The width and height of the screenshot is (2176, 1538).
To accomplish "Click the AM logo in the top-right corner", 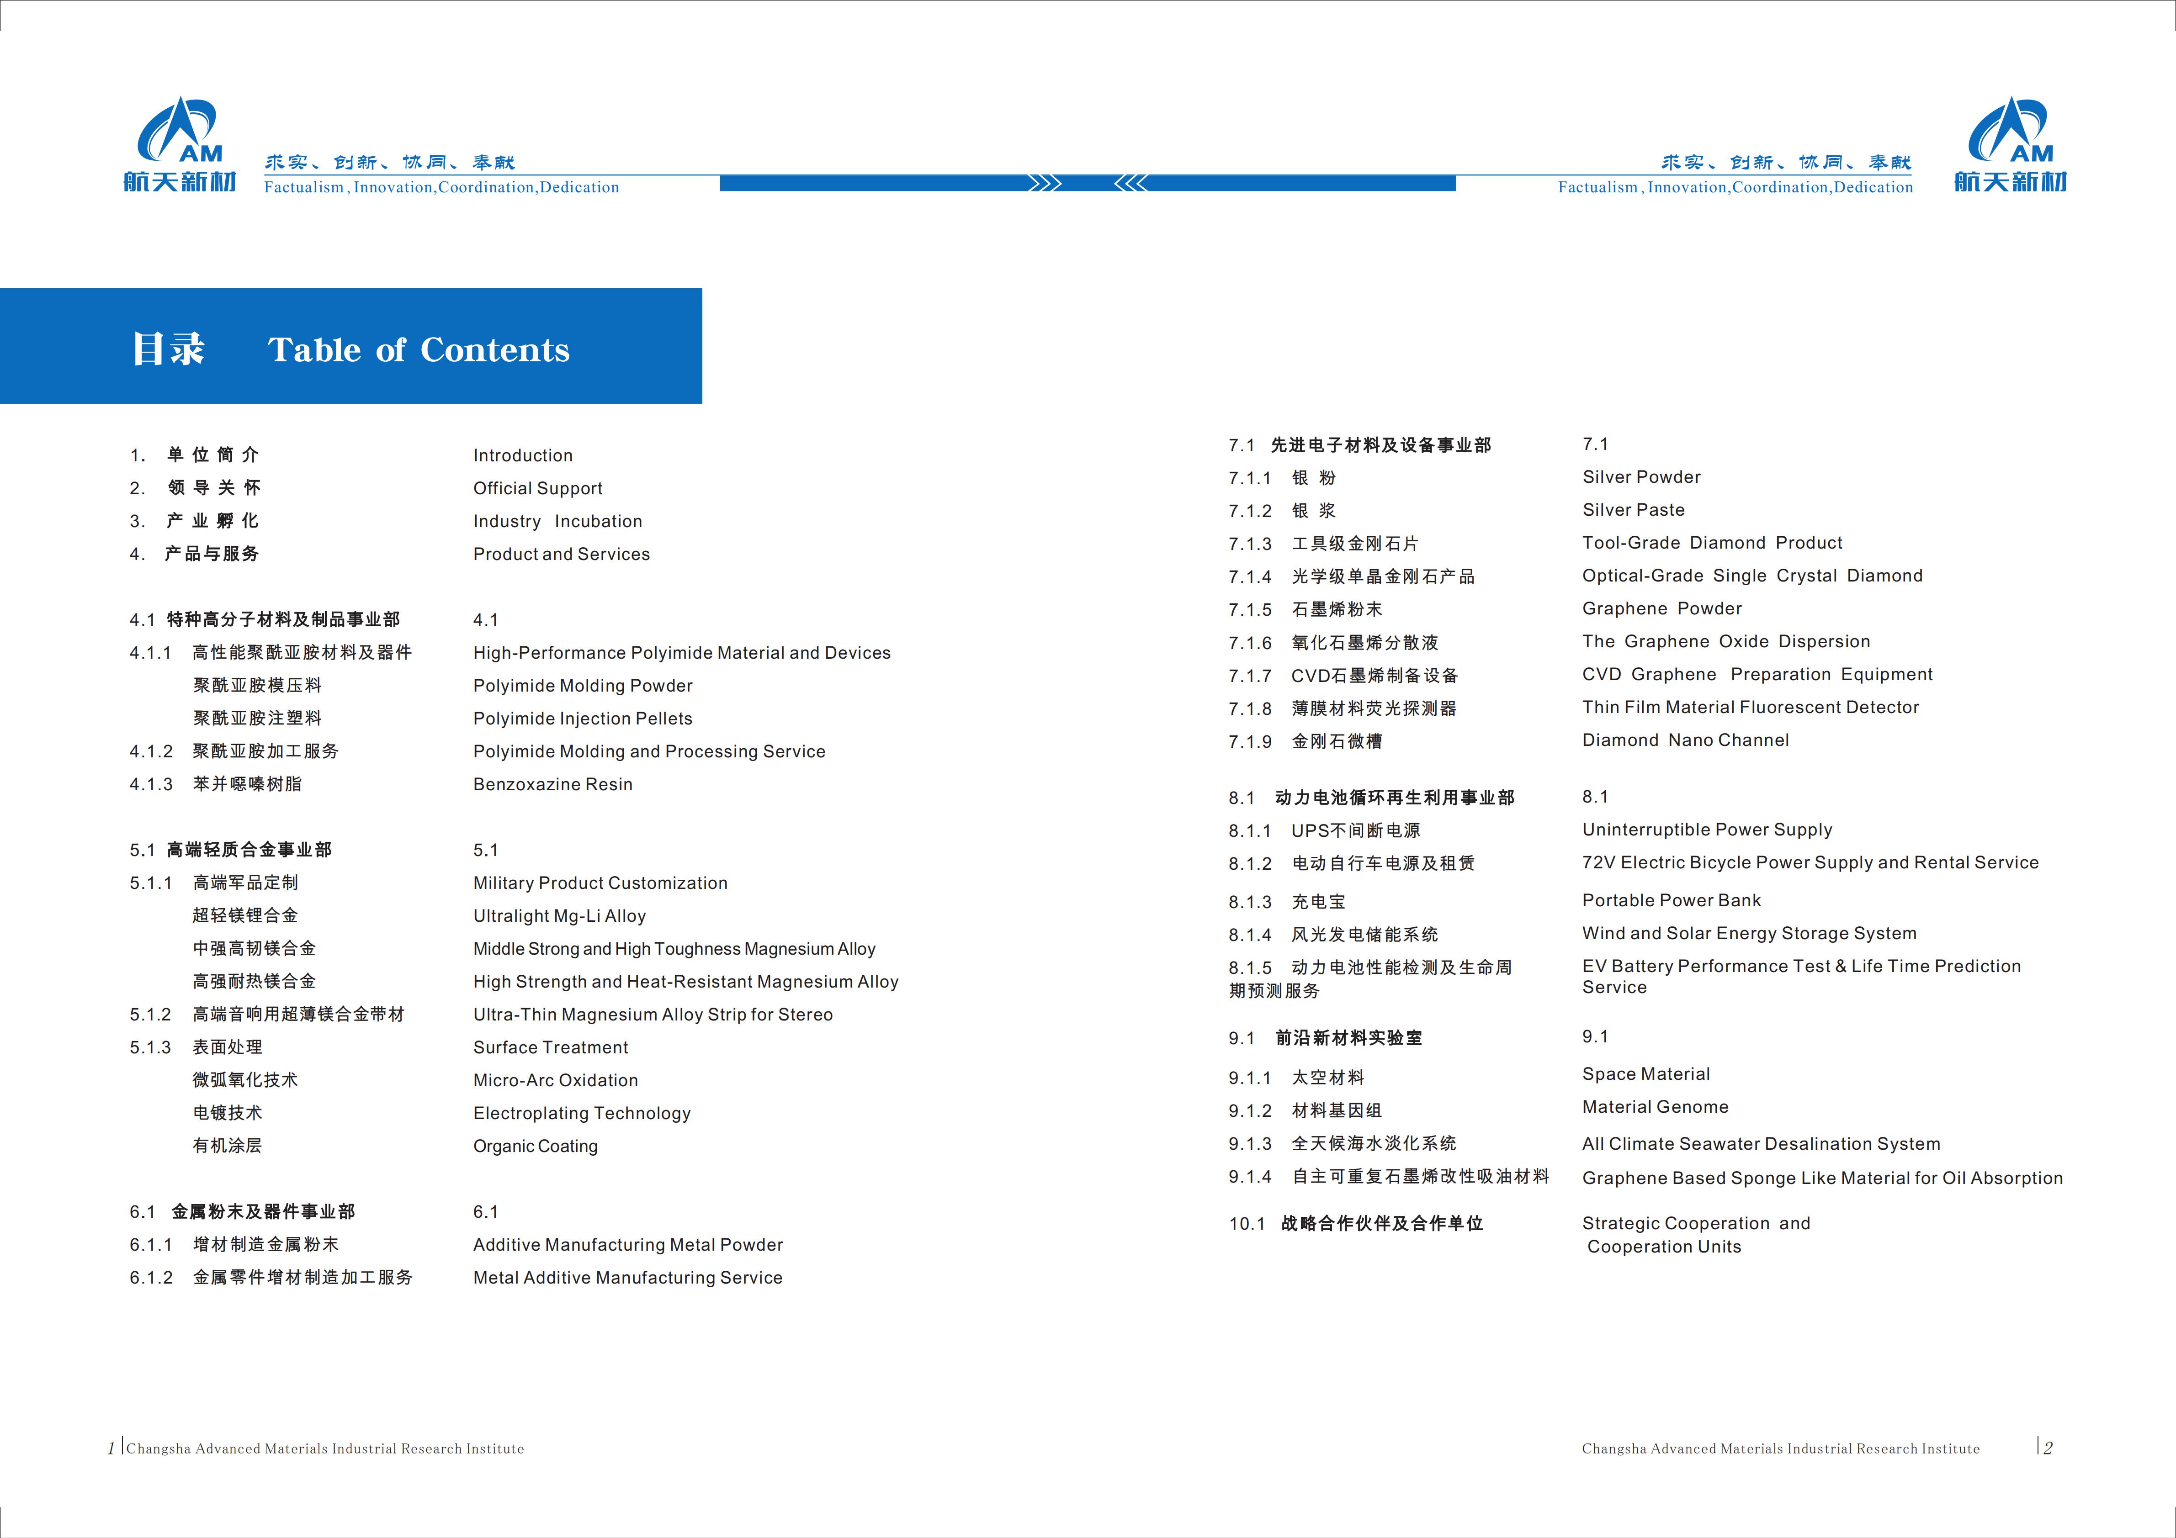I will (2010, 144).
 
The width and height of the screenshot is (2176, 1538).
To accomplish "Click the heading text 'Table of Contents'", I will (419, 350).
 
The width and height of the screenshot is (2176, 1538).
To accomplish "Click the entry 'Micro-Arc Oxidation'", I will (555, 1080).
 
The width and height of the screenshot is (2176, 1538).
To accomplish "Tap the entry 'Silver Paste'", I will (1633, 510).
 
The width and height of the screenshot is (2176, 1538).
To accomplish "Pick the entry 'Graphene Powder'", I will (1661, 608).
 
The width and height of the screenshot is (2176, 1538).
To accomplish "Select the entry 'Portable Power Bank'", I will (1671, 900).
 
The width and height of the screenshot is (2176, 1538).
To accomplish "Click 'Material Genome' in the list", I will (1655, 1107).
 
